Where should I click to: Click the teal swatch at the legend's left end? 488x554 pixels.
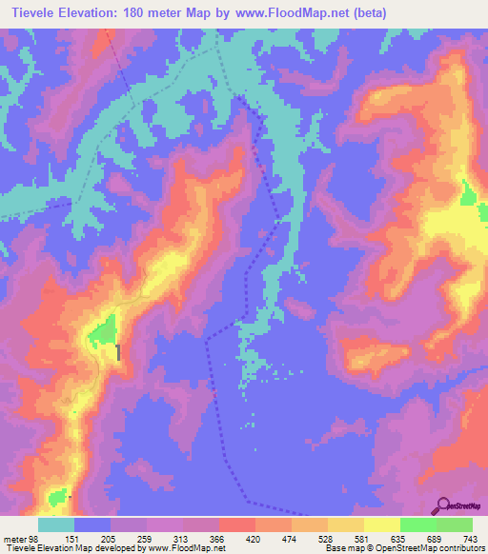click(x=55, y=524)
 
